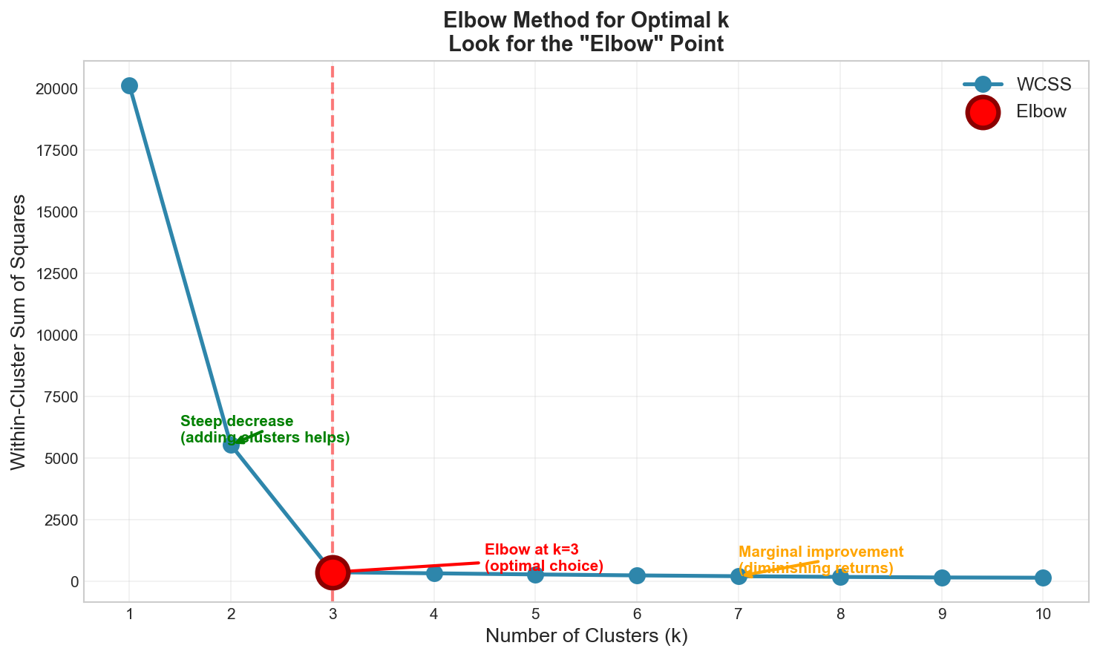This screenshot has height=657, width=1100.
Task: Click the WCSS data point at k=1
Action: [129, 85]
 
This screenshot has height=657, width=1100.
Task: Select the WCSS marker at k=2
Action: [231, 445]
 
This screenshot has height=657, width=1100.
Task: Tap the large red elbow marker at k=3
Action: [333, 572]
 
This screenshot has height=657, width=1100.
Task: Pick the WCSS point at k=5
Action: [535, 574]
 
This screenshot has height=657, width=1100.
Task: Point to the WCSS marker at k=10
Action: [1043, 578]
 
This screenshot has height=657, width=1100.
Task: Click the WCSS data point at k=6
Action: [637, 575]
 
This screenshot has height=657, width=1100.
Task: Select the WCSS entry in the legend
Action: [1044, 84]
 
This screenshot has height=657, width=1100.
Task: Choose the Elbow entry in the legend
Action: [1041, 111]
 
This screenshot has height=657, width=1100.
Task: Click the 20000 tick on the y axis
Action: [58, 89]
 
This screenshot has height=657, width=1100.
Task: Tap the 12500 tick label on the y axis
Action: [58, 273]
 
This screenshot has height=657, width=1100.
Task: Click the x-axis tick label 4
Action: [434, 614]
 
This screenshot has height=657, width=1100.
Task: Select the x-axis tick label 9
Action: [942, 614]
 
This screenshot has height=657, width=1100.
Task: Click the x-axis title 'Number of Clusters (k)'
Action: [586, 636]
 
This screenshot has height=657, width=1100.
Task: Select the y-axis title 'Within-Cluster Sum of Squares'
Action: [19, 331]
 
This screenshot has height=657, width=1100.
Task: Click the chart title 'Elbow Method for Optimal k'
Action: [586, 20]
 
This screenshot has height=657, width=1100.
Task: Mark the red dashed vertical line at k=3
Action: [333, 223]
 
